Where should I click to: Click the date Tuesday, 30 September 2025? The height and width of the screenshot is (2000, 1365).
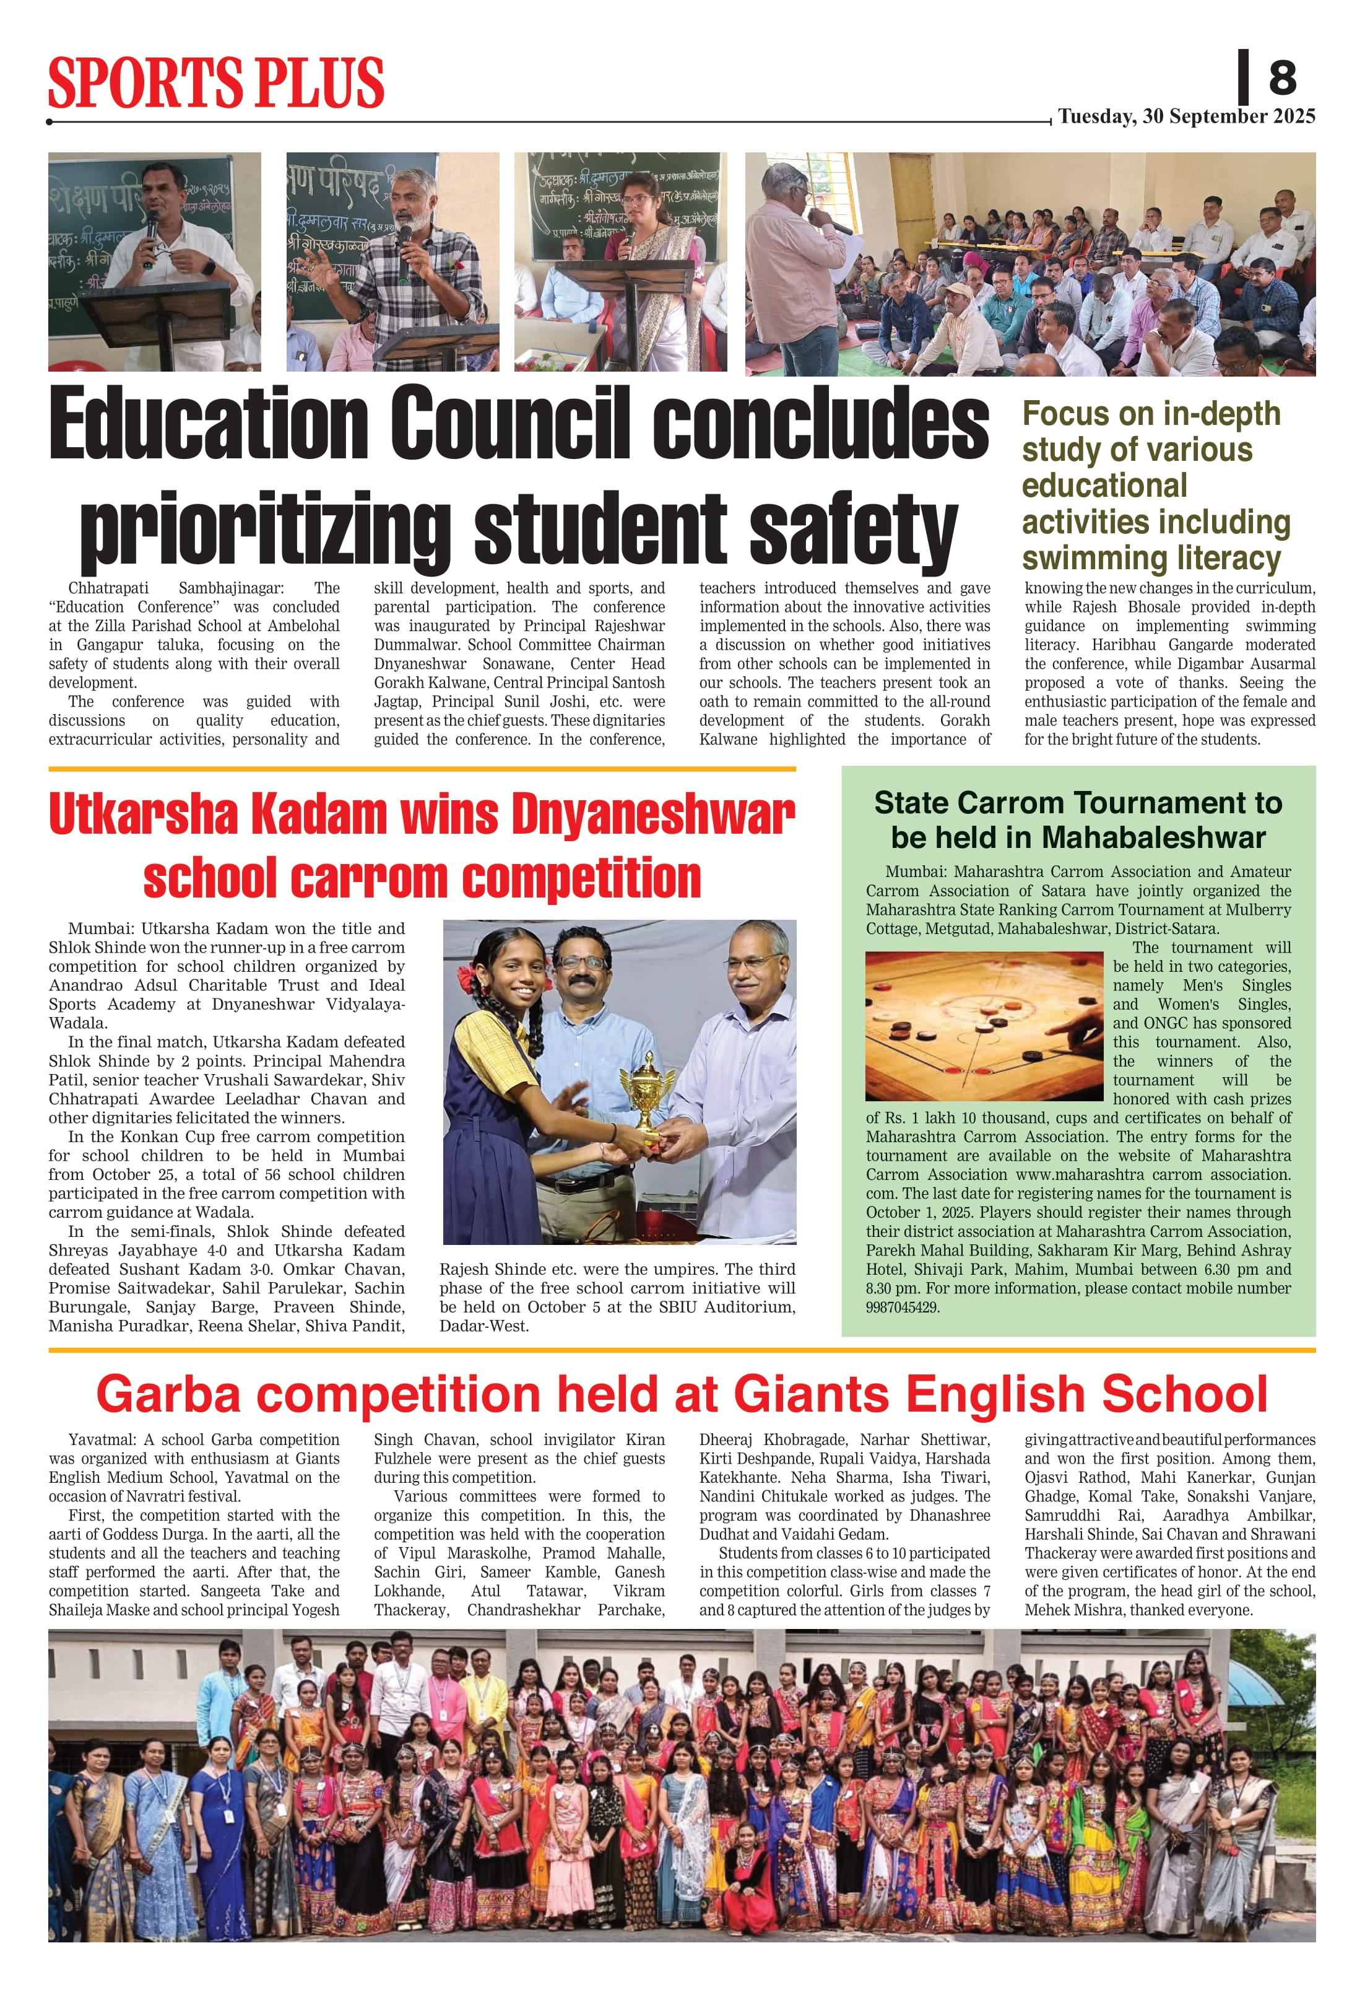[1186, 116]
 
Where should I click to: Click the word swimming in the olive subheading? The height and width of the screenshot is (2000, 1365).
[1085, 559]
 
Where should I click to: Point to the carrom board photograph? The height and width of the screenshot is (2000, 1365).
[983, 1025]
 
